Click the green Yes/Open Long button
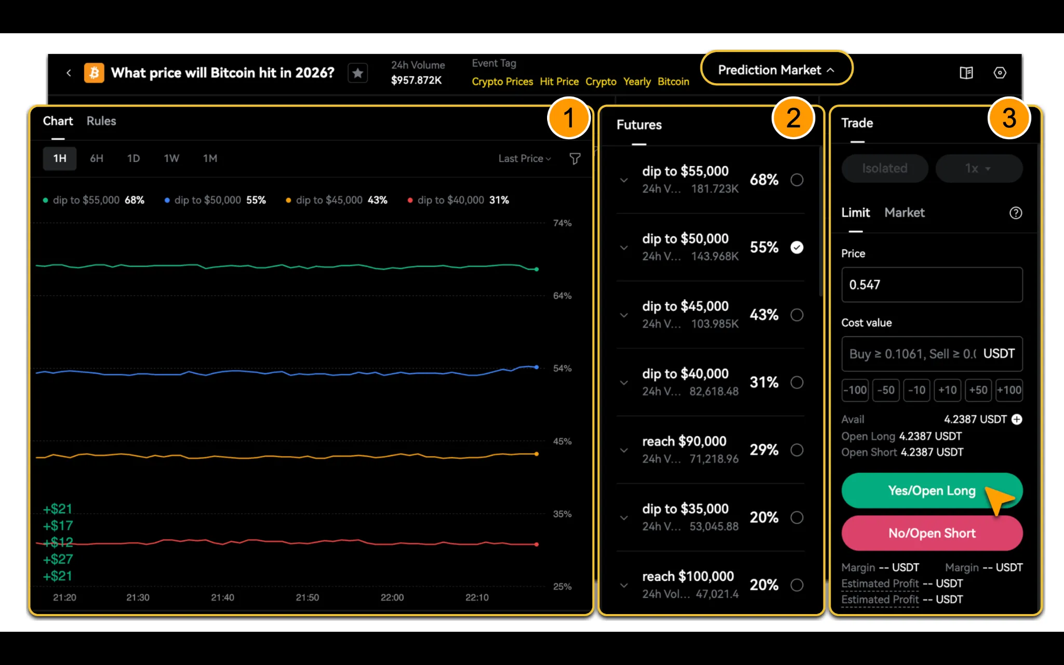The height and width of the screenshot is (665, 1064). coord(932,490)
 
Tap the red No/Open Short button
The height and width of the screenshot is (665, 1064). coord(932,533)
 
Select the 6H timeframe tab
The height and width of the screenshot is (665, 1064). coord(97,158)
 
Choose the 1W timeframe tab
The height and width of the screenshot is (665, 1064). coord(171,158)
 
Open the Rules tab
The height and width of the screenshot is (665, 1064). coord(101,121)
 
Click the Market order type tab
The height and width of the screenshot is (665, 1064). coord(905,212)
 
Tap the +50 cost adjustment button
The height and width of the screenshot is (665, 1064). coord(978,390)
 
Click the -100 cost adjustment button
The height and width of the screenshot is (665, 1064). coord(855,390)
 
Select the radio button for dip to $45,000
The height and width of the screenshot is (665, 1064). coord(797,315)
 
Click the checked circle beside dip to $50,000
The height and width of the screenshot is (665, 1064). coord(797,247)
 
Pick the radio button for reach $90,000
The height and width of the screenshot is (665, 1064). coord(797,450)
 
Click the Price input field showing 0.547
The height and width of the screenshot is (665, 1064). coord(932,285)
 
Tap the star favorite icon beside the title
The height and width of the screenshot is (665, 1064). coord(358,73)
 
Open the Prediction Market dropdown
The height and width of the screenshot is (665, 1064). coord(776,70)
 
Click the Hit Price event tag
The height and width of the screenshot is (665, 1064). coord(559,82)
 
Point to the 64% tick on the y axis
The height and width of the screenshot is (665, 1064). coord(562,296)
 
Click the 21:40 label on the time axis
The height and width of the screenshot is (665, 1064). coord(222,597)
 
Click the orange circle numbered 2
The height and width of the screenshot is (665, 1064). coord(793,118)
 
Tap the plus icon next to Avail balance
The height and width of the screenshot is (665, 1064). coord(1017,419)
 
